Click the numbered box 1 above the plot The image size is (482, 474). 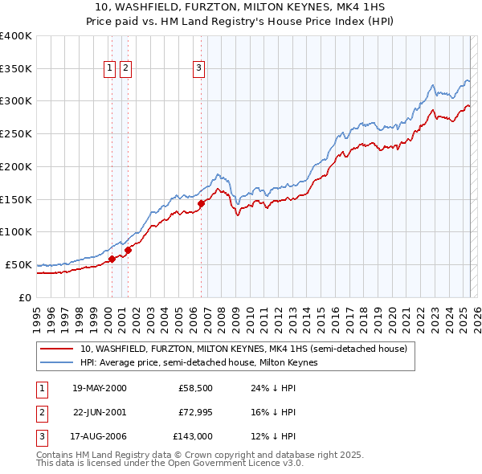[x=109, y=69]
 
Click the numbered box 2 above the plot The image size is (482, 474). [x=126, y=69]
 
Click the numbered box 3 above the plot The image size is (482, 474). [x=198, y=69]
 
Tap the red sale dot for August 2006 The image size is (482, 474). [x=201, y=203]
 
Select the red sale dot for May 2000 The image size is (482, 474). [x=112, y=258]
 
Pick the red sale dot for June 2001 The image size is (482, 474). [x=128, y=249]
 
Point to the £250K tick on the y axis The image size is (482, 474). [x=16, y=134]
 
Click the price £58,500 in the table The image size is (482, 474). [x=195, y=388]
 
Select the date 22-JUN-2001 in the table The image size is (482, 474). [x=100, y=412]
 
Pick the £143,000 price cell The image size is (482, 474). [x=193, y=436]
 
